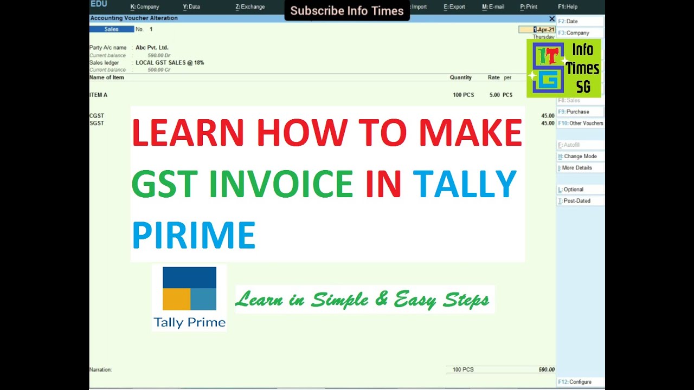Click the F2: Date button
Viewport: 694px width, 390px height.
[x=580, y=22]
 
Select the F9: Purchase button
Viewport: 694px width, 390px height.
[x=580, y=112]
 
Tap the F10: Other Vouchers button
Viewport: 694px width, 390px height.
[x=580, y=123]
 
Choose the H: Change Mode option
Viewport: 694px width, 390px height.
[x=580, y=157]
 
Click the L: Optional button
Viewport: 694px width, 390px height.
[x=580, y=190]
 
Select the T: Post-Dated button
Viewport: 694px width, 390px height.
[x=580, y=201]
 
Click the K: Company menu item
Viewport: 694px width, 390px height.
[x=145, y=7]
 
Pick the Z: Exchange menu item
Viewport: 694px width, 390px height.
[x=250, y=7]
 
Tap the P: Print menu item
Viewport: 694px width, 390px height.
[x=529, y=7]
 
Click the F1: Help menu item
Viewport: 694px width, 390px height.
[x=568, y=7]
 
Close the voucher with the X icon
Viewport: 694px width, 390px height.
[x=552, y=18]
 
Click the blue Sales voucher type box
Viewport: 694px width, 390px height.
[x=112, y=29]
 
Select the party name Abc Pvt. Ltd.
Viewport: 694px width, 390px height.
[x=152, y=48]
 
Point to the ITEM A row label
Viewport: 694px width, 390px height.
[x=99, y=95]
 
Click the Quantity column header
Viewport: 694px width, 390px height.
[x=460, y=77]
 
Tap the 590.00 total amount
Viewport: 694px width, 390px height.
[x=546, y=369]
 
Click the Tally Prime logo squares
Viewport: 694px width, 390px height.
[x=189, y=288]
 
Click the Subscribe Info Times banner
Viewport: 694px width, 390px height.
[x=347, y=11]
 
